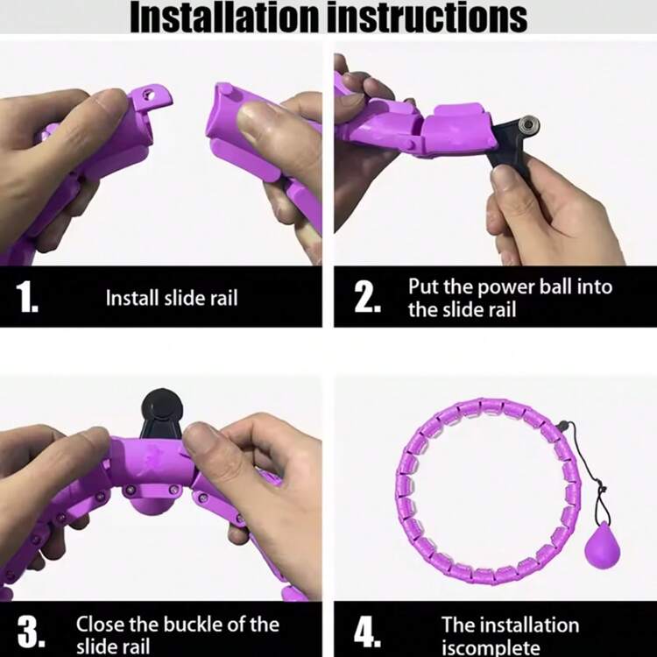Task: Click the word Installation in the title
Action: point(224,17)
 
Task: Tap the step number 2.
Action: point(367,297)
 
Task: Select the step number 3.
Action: point(31,632)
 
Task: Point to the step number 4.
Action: point(367,632)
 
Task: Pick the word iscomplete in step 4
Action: point(491,647)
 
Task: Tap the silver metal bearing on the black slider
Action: point(528,125)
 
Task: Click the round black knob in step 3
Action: point(162,406)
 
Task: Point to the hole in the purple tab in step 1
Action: point(149,95)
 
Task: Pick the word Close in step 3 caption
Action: point(100,625)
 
